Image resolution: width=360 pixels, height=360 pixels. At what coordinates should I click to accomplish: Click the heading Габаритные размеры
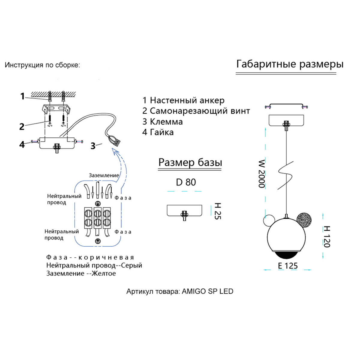tap(290, 64)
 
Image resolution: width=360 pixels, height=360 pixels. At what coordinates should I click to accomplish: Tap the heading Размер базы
tap(190, 163)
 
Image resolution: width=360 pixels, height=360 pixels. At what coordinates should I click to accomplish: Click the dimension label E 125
tap(288, 266)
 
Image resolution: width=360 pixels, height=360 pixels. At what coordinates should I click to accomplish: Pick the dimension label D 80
tap(186, 182)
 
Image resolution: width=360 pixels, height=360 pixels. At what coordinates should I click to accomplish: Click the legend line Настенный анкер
tap(183, 100)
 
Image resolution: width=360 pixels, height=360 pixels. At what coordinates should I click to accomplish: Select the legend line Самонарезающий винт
tap(196, 111)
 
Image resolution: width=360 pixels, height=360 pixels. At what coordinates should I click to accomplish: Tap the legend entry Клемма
tap(163, 122)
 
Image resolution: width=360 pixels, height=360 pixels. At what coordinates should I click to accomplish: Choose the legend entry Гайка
tap(158, 132)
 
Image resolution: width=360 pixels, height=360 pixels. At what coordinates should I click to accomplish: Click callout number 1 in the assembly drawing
tap(22, 96)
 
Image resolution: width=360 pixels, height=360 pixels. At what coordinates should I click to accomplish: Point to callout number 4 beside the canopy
tap(22, 144)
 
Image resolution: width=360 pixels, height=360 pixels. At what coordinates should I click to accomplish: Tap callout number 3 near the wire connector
tap(93, 146)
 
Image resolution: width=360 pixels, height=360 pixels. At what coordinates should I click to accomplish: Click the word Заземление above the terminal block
tap(104, 175)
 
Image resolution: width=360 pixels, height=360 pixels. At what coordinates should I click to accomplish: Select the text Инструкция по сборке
tap(42, 65)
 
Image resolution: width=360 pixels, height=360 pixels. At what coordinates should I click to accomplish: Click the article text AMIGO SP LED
tap(207, 291)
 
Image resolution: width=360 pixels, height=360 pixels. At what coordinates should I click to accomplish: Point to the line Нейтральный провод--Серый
tap(94, 265)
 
